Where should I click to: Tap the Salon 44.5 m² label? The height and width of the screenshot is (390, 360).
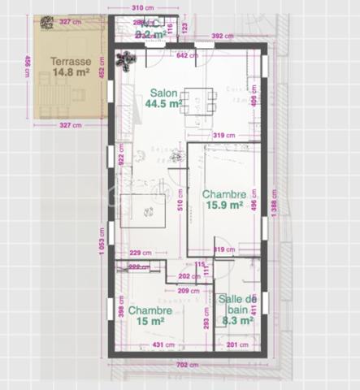coord(163,98)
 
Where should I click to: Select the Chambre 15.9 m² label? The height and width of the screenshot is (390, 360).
coord(223,200)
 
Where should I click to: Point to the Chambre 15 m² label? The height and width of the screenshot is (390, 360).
coord(150,315)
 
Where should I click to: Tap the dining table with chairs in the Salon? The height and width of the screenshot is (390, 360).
coord(197,102)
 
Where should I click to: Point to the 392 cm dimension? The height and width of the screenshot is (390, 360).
coord(222,37)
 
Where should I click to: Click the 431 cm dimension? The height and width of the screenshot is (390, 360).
coord(164,345)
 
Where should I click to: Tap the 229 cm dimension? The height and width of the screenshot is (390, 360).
coord(141,253)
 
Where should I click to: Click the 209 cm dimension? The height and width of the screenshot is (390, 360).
coord(189,290)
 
